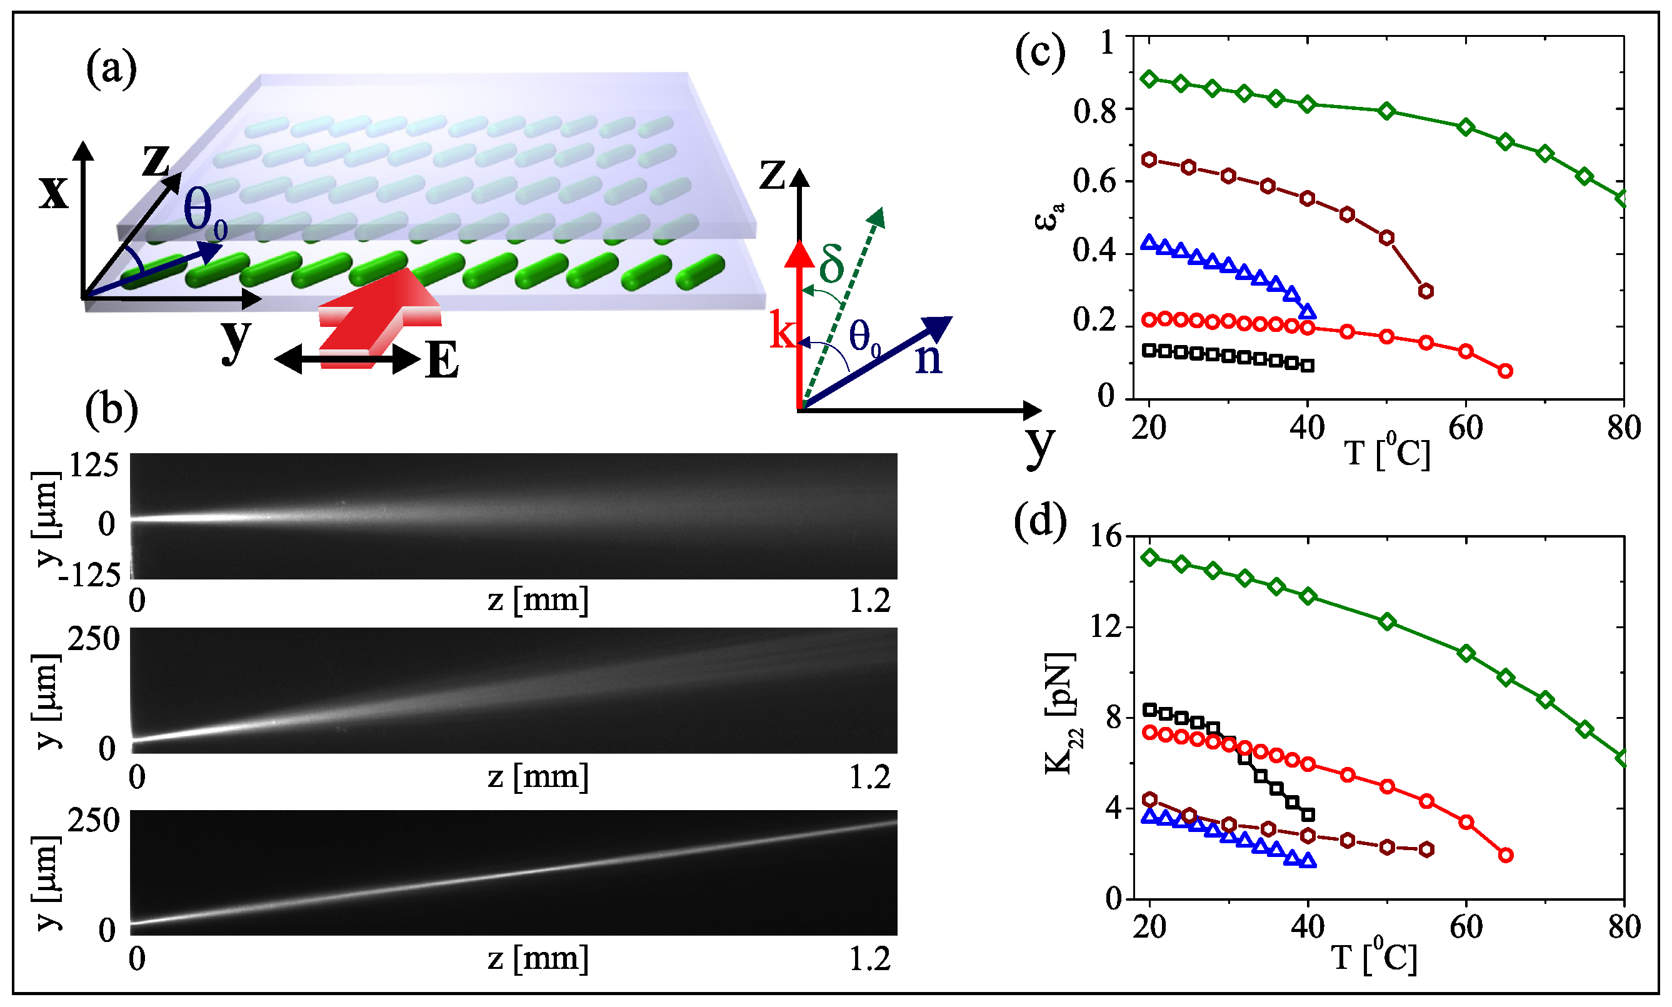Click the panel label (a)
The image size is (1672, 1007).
tap(111, 70)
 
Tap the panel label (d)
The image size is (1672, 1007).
tap(1039, 522)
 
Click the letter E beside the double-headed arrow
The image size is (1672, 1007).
tap(442, 360)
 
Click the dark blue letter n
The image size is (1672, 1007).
tap(928, 358)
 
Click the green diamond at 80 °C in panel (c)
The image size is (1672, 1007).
tap(1623, 199)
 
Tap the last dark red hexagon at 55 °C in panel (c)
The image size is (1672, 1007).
tap(1426, 291)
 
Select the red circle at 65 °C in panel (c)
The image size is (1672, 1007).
tap(1505, 371)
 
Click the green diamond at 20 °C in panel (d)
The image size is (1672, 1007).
tap(1149, 557)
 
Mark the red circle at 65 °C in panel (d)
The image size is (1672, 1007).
tap(1505, 855)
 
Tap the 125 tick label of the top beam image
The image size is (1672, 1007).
tap(94, 466)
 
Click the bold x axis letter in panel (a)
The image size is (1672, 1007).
tap(54, 192)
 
